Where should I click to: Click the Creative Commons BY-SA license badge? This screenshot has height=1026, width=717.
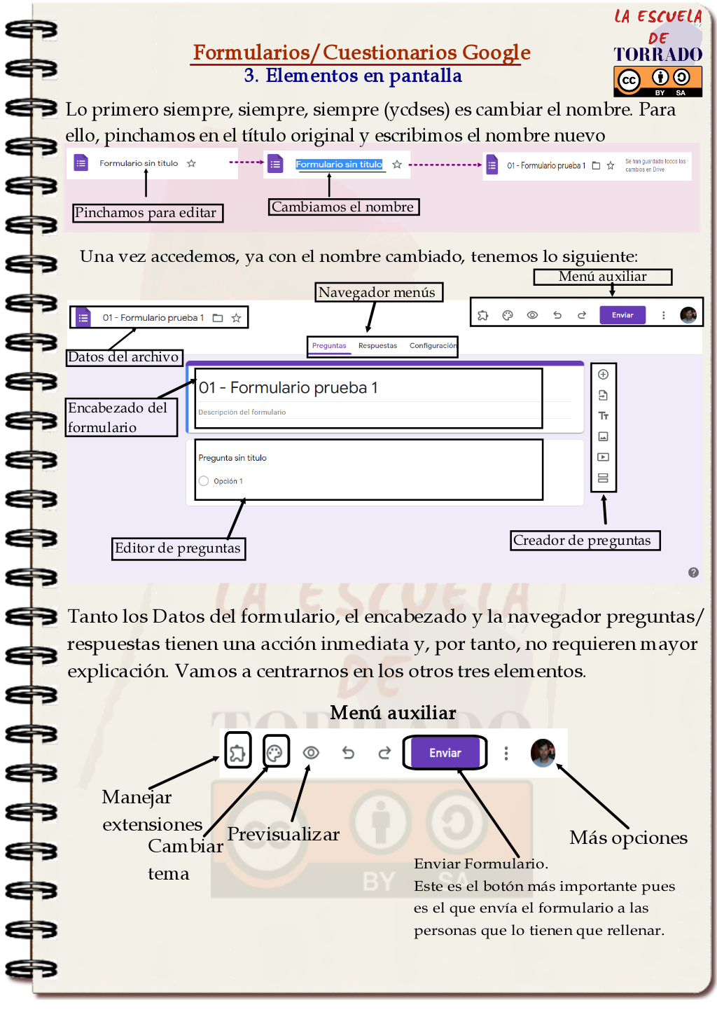pos(657,81)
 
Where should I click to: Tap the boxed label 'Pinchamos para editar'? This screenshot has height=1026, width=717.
pos(148,213)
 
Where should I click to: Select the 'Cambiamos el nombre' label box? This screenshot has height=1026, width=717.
pos(343,207)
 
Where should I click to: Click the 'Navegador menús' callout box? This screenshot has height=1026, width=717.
pos(379,292)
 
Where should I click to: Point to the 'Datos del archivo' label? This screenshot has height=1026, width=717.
pos(124,357)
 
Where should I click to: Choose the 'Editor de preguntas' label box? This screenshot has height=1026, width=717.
pos(178,548)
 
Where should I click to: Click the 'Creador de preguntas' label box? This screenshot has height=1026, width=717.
pos(585,541)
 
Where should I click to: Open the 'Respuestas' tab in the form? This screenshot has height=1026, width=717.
pos(377,346)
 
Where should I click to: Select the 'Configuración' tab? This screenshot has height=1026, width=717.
pos(433,346)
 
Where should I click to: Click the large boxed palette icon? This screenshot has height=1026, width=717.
pos(275,753)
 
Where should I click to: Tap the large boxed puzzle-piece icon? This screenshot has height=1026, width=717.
pos(238,753)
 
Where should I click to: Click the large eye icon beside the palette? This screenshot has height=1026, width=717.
pos(311,753)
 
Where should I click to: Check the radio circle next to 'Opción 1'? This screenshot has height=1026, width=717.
pos(204,481)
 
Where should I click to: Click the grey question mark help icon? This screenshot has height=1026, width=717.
pos(693,573)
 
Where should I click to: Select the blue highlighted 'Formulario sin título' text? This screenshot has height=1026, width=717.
pos(339,165)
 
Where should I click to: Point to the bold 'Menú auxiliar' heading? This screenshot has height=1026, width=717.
pos(393,713)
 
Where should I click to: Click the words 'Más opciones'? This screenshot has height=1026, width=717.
pos(628,838)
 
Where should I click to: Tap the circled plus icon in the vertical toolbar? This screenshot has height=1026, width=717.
pos(603,375)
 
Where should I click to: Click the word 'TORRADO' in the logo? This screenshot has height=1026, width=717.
pos(657,55)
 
